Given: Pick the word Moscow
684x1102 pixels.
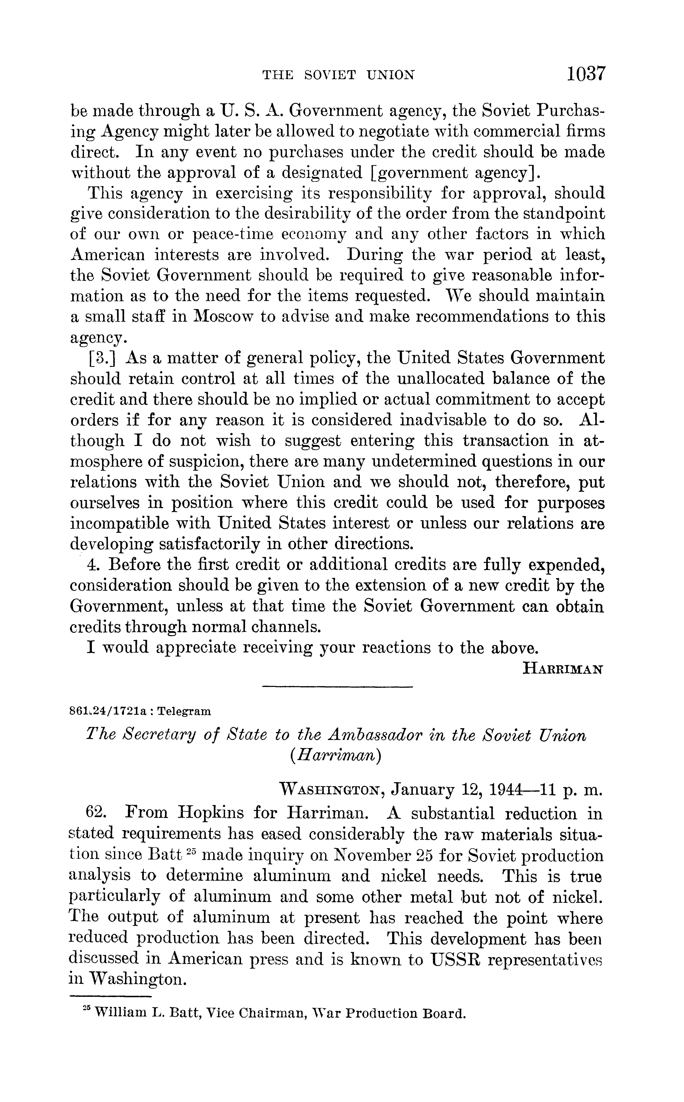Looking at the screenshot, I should coord(222,317).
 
